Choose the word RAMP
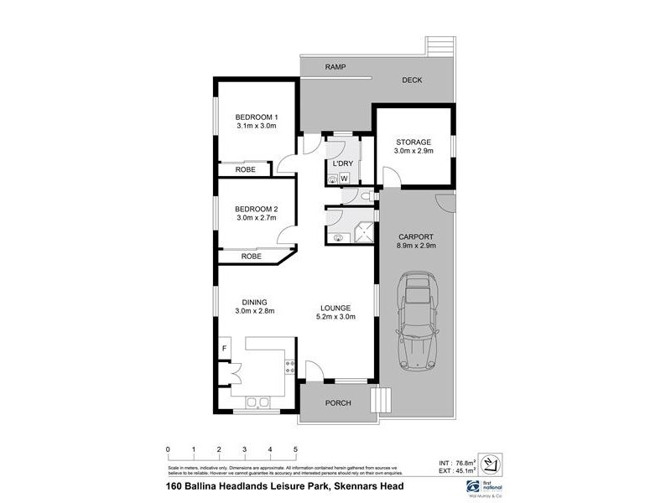tap(336, 67)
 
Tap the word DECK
tap(412, 80)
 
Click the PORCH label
tap(338, 403)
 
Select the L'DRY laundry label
tap(342, 163)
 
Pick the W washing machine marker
tap(344, 178)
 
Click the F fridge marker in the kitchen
tap(225, 348)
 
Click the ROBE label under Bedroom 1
tap(245, 169)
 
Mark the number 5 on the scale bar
tap(295, 449)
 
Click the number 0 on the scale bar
tap(168, 449)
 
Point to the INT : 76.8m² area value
tap(457, 462)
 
